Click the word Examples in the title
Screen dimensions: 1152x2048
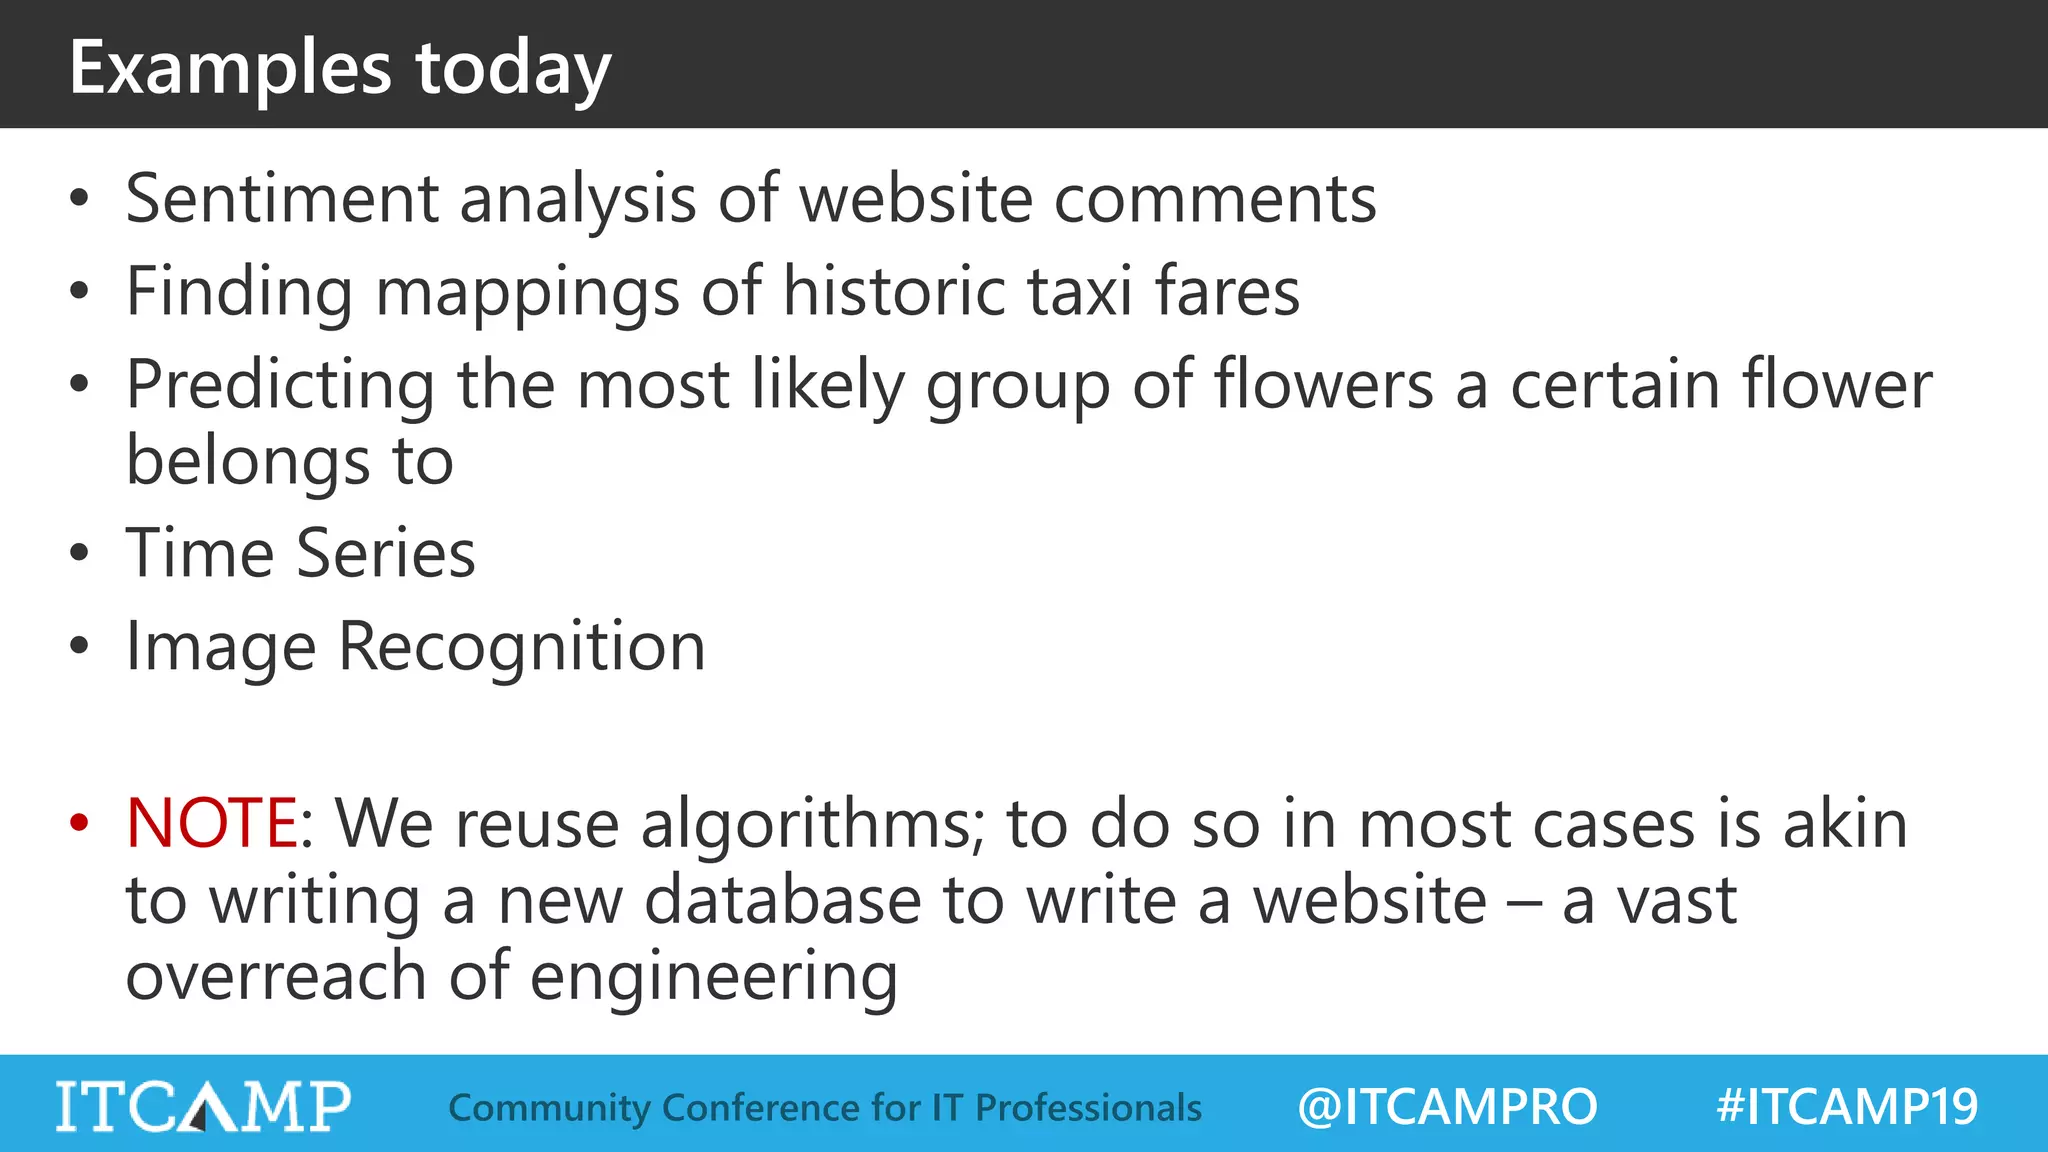tap(230, 68)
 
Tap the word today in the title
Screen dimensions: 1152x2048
tap(512, 68)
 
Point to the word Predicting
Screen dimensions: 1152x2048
tap(280, 385)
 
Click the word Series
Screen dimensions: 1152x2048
tap(386, 553)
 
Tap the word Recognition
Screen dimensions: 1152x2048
tap(522, 646)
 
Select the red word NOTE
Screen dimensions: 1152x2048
tap(211, 823)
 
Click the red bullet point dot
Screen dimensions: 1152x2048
tap(79, 823)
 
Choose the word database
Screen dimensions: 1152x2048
tap(782, 900)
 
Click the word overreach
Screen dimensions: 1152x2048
tap(276, 976)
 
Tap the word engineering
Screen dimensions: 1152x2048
tap(713, 976)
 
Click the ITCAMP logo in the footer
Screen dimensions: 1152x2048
tap(203, 1106)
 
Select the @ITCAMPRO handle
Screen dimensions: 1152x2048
tap(1447, 1107)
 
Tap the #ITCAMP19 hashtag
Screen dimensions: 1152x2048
tap(1846, 1107)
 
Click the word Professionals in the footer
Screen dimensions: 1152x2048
tap(1088, 1108)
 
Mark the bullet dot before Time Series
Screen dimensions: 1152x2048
tap(79, 553)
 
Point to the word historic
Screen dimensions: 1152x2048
tap(893, 291)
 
